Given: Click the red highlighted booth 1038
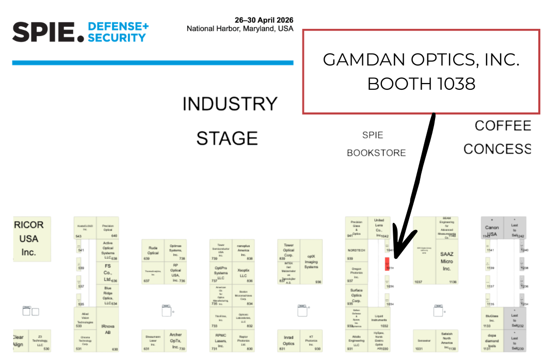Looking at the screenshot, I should coord(387,264).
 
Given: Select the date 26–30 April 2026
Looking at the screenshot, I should coord(264,20).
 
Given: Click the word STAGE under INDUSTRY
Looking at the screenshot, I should coord(227,138).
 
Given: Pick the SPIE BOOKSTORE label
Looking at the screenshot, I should coord(376,144).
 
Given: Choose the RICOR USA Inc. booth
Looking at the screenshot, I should coord(29,239).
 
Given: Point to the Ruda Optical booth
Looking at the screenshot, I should coord(153,250).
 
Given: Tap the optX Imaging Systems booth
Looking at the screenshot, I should coord(311,261).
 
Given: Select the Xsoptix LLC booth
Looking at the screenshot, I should coord(243,273).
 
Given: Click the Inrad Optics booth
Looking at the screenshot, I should coord(288,340).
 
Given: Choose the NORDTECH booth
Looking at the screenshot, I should coord(356,250).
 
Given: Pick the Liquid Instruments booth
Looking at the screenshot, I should coord(379,319).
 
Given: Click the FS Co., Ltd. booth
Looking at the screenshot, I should coord(107,273).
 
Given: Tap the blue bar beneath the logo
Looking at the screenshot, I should coord(153,63).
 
